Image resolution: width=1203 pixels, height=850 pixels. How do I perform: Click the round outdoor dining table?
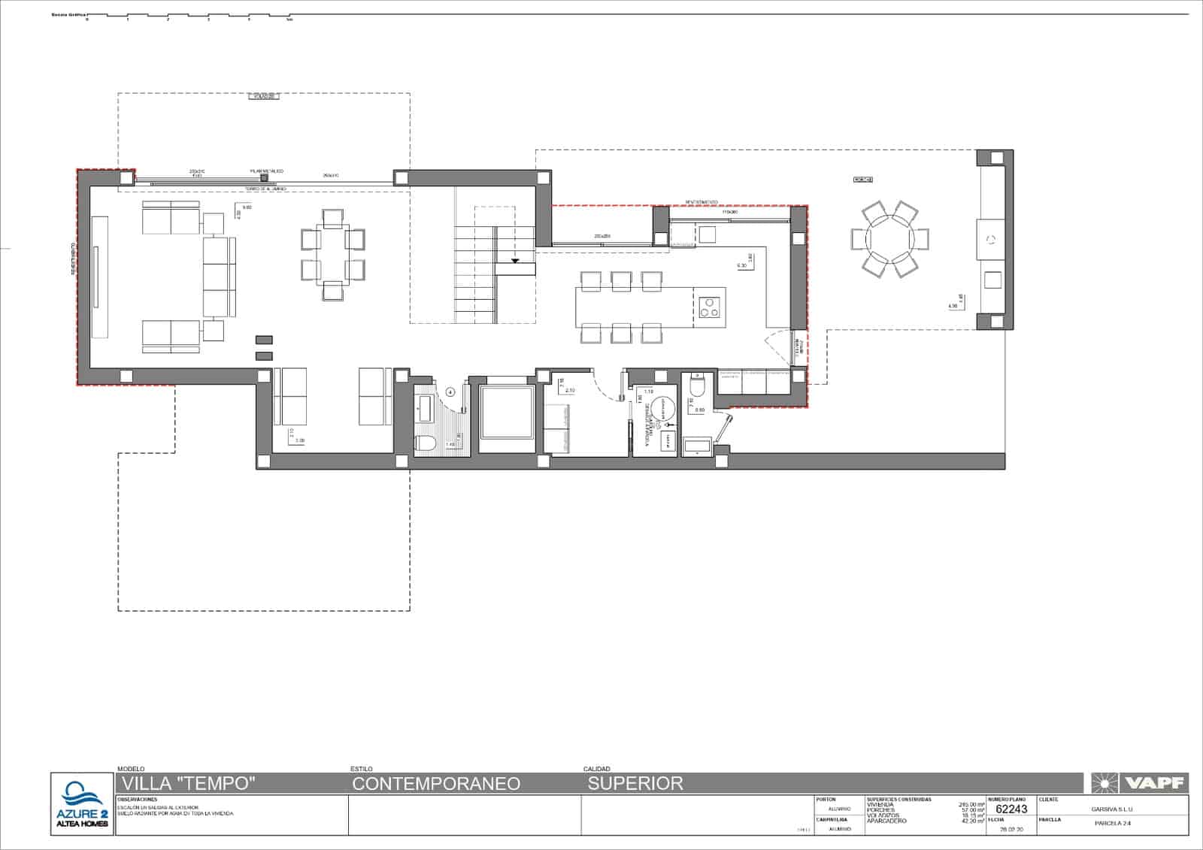point(889,239)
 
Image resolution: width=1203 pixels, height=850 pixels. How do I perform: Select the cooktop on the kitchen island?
point(710,307)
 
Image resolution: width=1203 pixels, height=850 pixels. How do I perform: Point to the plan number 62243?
point(1011,809)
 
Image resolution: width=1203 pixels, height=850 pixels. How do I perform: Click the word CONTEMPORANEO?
point(436,784)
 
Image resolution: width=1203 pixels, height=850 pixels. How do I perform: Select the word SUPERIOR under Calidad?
point(635,784)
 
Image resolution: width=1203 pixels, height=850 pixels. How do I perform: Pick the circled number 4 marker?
point(450,391)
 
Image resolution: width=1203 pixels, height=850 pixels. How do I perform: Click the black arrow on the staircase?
point(516,262)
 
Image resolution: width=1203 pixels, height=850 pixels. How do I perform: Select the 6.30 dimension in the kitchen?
point(741,265)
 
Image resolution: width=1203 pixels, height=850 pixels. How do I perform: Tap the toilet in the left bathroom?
point(425,443)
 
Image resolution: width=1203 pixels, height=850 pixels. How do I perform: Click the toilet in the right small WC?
point(697,387)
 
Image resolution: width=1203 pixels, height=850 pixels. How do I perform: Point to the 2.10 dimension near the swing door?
point(569,391)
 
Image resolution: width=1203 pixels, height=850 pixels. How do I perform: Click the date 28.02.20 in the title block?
point(1011,829)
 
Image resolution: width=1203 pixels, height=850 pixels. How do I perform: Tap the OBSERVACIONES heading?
point(138,800)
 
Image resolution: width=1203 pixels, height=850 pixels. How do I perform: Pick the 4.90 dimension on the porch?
point(953,306)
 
